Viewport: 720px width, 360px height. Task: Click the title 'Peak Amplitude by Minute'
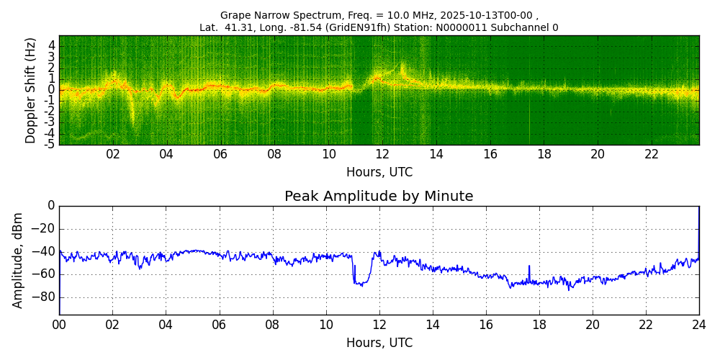pos(379,197)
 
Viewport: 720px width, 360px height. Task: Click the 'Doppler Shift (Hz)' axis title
pos(31,91)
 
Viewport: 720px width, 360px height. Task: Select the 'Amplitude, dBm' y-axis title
pos(18,260)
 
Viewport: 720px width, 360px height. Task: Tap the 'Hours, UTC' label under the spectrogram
pos(379,173)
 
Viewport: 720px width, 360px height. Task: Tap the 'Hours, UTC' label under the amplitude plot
pos(379,343)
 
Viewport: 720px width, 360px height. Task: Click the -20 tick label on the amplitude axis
pos(45,229)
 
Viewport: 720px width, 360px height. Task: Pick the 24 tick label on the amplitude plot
pos(698,325)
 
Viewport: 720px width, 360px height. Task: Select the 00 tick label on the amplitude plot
pos(59,325)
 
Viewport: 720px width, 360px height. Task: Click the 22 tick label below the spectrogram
pos(652,155)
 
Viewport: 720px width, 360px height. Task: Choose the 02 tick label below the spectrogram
pos(113,155)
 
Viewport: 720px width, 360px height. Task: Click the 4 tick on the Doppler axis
pos(52,45)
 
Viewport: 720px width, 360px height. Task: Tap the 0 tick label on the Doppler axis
pos(52,90)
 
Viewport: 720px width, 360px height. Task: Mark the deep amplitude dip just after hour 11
pos(359,283)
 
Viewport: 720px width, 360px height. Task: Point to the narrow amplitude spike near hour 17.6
pos(529,267)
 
